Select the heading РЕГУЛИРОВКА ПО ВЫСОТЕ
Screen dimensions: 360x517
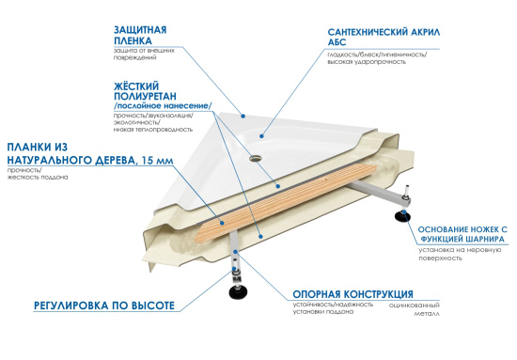coord(104,306)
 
